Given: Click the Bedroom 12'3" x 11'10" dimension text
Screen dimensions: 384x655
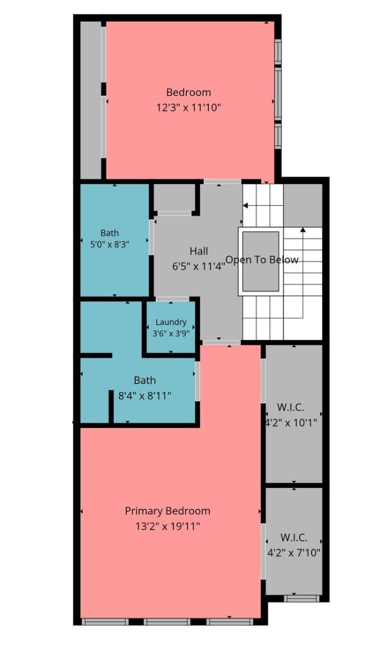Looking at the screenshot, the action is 188,108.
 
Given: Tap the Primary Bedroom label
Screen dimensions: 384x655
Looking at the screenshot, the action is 167,511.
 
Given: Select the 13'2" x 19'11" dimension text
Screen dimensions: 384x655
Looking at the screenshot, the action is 167,526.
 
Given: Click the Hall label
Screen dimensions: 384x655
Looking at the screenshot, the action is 199,251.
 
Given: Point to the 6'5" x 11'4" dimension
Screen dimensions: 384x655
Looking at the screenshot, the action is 199,266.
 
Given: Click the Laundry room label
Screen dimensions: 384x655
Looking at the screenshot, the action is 171,322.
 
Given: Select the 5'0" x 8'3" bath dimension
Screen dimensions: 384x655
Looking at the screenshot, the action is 109,245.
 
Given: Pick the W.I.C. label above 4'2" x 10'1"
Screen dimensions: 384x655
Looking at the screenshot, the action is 290,407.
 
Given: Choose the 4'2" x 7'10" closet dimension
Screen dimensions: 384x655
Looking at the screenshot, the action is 294,553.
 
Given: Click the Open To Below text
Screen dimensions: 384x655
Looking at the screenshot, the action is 262,260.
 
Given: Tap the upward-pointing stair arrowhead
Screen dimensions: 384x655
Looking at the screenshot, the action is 303,229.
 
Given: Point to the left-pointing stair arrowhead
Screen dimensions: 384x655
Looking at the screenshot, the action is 245,205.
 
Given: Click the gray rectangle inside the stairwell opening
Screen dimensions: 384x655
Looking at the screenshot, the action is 260,261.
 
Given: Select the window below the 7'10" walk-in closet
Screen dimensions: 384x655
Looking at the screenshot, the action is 301,598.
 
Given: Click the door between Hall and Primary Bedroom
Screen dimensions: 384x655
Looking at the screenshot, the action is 222,343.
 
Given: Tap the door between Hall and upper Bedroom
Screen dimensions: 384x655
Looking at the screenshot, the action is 222,182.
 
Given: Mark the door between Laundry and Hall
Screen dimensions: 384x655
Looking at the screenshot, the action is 172,299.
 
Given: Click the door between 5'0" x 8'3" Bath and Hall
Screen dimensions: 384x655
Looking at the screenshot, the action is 152,237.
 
